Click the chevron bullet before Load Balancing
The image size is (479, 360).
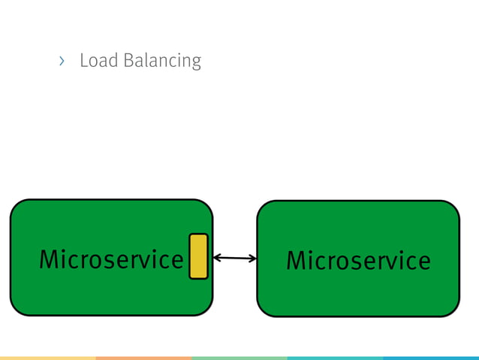(x=62, y=60)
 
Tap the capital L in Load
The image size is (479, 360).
(x=83, y=60)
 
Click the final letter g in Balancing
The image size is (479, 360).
(x=196, y=62)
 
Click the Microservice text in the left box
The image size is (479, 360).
(x=111, y=259)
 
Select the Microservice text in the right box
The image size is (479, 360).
(x=358, y=261)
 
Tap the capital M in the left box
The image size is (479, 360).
(x=51, y=259)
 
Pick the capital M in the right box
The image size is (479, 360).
(x=298, y=261)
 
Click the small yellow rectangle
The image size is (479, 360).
(x=198, y=256)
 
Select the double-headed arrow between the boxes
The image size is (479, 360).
(x=234, y=258)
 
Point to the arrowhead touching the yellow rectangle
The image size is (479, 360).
(x=216, y=258)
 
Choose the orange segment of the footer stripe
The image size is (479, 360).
(x=143, y=358)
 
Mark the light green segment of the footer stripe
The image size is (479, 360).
(x=239, y=358)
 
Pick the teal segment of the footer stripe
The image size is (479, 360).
(x=335, y=358)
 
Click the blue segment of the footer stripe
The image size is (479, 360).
(x=431, y=358)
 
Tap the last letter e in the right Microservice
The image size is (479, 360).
(x=423, y=262)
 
